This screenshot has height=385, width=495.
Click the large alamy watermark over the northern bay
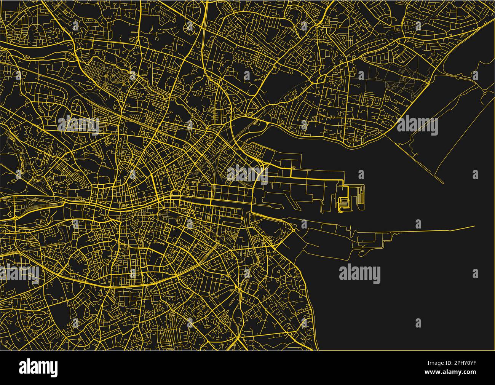(x=417, y=126)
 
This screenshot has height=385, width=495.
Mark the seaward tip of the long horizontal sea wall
(x=474, y=226)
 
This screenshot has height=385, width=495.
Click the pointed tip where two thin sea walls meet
(x=443, y=183)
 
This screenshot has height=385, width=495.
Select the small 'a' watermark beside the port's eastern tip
(x=361, y=175)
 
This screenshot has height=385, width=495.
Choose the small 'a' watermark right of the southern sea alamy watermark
(x=475, y=273)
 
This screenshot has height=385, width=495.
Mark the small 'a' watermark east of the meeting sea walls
(x=475, y=175)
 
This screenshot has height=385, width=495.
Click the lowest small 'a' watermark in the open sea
(x=418, y=323)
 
